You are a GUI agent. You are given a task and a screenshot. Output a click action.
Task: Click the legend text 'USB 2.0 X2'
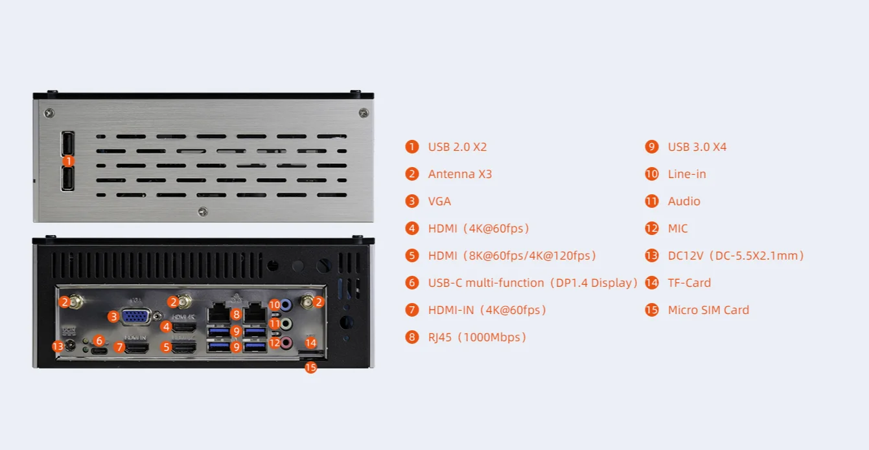point(457,147)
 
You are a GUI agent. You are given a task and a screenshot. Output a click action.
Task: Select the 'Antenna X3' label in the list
point(459,174)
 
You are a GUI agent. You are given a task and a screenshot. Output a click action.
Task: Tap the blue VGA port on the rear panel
point(135,317)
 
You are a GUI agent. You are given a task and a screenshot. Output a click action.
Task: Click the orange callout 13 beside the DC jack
point(58,346)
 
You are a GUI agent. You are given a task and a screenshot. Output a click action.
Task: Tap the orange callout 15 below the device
point(310,368)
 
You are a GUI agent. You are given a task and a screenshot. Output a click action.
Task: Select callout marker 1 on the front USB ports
point(68,161)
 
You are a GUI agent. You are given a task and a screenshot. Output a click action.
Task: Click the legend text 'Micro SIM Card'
point(708,310)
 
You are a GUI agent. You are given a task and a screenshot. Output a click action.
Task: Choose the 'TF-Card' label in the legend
point(689,283)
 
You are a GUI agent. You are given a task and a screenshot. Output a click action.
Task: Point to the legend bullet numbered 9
point(651,147)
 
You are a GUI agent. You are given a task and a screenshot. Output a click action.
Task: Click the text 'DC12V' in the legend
point(686,256)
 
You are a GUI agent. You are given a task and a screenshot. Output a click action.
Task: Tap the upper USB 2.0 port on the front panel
point(67,143)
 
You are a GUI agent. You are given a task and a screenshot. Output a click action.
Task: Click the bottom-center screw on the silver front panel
point(203,211)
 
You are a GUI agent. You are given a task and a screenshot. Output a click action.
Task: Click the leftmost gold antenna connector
point(76,301)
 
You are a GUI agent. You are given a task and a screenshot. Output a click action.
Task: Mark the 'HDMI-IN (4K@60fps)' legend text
point(487,310)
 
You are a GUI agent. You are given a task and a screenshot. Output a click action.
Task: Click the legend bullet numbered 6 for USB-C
point(412,283)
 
